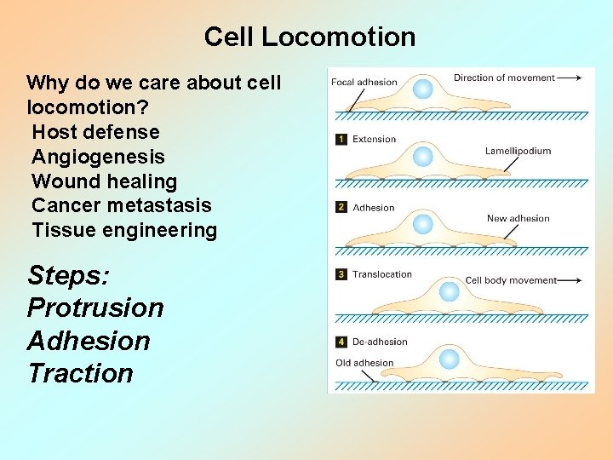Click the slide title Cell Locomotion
(x=310, y=37)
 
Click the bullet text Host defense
(x=95, y=132)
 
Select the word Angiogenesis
(x=98, y=157)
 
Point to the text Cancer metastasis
(x=121, y=205)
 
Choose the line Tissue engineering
(x=124, y=230)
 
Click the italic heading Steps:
(x=67, y=275)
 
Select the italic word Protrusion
(x=95, y=308)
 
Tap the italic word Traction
(x=80, y=373)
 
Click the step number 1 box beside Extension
(x=341, y=140)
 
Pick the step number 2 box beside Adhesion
(x=341, y=208)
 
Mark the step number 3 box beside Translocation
(x=341, y=274)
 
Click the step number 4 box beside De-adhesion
(x=341, y=342)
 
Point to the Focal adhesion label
(x=364, y=83)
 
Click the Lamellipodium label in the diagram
(x=518, y=151)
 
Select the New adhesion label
(x=518, y=218)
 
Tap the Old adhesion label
(x=364, y=363)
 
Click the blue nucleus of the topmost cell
(x=422, y=89)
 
